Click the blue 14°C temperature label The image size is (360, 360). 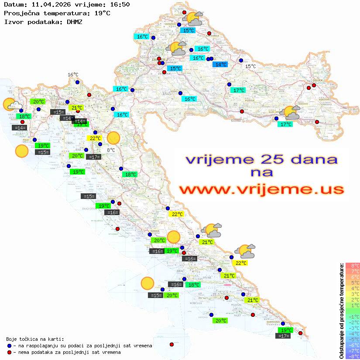click(219, 65)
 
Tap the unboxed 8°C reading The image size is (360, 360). click(111, 150)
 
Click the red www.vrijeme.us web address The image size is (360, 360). click(261, 189)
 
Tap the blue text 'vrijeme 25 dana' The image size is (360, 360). click(261, 159)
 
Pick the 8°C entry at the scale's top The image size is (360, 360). click(353, 265)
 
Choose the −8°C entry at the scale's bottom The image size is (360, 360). click(353, 357)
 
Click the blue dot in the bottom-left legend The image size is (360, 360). click(9, 346)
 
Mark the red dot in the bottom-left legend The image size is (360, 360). click(9, 352)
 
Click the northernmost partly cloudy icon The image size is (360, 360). click(194, 19)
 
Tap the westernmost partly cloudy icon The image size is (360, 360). click(12, 105)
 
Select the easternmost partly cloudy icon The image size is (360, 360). click(291, 113)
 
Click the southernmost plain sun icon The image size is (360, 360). click(147, 284)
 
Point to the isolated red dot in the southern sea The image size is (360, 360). click(171, 344)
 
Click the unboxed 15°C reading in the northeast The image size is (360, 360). click(250, 66)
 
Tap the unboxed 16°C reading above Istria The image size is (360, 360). click(72, 75)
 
